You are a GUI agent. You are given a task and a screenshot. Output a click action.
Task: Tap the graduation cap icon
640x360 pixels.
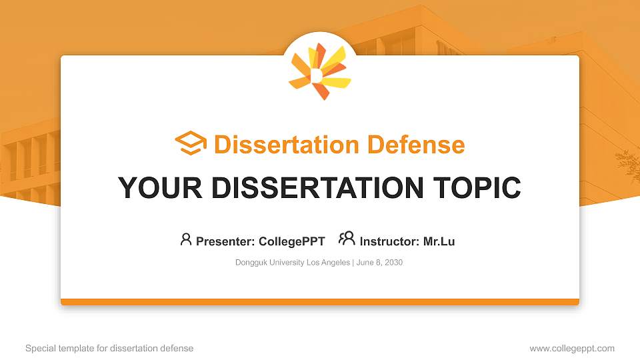(191, 144)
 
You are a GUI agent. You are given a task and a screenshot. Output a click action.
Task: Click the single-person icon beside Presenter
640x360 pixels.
(186, 239)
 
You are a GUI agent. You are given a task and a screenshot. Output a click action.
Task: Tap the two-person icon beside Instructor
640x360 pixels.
(347, 239)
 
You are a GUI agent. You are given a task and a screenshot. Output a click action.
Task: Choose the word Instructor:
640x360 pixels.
(389, 241)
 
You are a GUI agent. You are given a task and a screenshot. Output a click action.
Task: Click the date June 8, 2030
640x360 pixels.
(380, 263)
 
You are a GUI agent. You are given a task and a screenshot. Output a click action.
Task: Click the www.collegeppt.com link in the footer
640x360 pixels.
(572, 348)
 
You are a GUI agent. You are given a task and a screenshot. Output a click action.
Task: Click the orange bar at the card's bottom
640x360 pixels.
(320, 302)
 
